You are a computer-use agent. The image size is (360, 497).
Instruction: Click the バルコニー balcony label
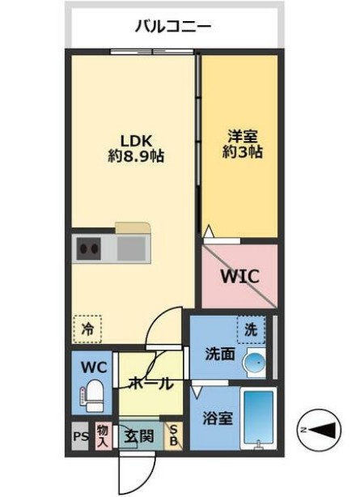[173, 27]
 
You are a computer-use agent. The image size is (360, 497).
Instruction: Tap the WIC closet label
[240, 276]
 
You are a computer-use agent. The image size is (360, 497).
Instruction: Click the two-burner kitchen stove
[88, 248]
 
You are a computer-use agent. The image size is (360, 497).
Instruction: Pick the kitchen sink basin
[130, 248]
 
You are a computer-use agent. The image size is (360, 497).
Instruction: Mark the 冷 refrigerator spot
[87, 328]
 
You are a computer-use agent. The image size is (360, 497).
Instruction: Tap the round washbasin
[252, 362]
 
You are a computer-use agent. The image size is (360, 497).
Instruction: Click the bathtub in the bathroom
[258, 418]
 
